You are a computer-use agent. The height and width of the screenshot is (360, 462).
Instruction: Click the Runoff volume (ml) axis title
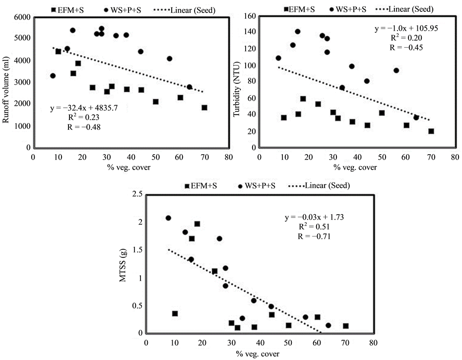(x=6, y=82)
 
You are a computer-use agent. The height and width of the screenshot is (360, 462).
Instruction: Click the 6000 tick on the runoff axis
(x=20, y=17)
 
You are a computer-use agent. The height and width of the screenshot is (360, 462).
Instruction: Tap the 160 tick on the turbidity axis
(x=249, y=17)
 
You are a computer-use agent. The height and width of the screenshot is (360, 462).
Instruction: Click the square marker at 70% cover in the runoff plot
(x=204, y=108)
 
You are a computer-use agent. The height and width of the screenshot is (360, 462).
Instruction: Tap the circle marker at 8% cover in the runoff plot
(x=53, y=76)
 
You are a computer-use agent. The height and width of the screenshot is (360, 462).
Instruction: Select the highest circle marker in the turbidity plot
(x=298, y=32)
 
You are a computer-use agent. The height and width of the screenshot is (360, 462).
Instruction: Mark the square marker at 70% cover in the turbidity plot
(x=431, y=131)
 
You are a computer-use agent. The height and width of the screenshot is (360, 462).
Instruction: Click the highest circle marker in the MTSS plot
(x=168, y=218)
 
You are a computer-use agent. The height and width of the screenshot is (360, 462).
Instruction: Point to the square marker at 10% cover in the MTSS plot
(x=175, y=313)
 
